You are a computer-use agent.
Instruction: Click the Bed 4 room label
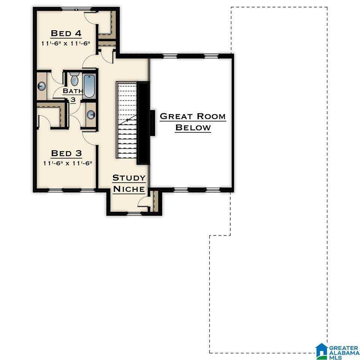[66, 33]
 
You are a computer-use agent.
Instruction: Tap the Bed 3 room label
[66, 153]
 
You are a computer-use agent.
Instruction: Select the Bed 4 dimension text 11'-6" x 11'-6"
[66, 43]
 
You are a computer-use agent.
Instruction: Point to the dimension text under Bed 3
[67, 163]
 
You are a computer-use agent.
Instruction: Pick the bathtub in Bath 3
[89, 86]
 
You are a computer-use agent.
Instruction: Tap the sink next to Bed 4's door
[42, 86]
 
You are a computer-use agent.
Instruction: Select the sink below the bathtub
[91, 115]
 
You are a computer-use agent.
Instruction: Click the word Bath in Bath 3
[73, 91]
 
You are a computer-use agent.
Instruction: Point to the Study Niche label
[129, 183]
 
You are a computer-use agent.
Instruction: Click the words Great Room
[193, 116]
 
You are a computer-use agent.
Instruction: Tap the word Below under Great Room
[193, 127]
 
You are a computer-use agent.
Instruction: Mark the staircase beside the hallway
[127, 120]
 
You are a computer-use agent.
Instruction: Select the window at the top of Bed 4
[76, 9]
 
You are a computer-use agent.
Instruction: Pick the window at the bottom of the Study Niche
[134, 213]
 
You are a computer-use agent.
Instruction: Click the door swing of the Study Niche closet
[143, 202]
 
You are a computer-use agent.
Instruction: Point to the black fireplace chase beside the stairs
[144, 123]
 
